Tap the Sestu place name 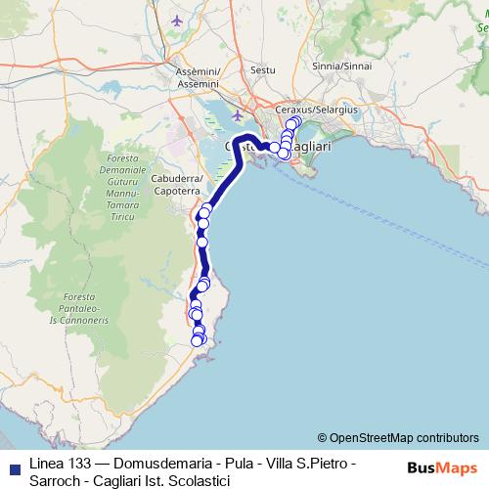[263, 70]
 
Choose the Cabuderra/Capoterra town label [177, 185]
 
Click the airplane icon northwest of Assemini [176, 21]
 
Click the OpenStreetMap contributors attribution [403, 438]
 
